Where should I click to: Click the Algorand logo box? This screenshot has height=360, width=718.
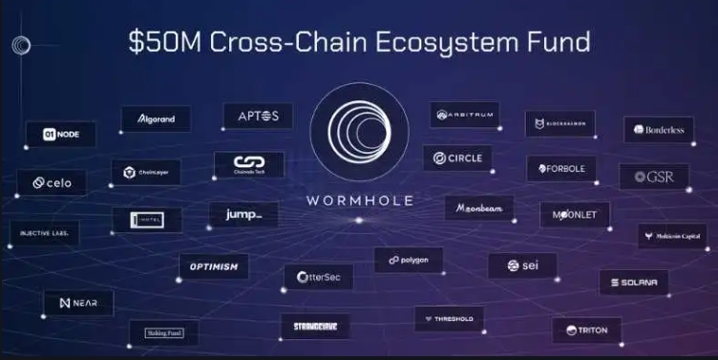tap(156, 118)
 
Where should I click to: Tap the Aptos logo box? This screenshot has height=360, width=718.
tap(258, 116)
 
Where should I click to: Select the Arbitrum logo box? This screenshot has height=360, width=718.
tap(464, 115)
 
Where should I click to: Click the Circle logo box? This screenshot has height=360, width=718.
tap(457, 158)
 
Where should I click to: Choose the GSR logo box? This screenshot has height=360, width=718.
tap(653, 177)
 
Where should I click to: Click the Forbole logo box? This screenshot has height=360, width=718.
tap(561, 169)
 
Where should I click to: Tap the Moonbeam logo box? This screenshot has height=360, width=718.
tap(478, 207)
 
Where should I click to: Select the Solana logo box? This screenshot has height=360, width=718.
tap(634, 283)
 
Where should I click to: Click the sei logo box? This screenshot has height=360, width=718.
tap(521, 265)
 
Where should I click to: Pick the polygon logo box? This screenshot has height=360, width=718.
tap(408, 260)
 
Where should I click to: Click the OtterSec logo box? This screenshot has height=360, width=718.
tap(318, 277)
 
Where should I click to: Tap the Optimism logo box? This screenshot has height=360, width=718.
tap(213, 266)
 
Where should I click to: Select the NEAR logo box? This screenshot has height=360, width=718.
tap(78, 303)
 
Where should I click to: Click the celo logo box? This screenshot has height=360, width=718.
tap(52, 182)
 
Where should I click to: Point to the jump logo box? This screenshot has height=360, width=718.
tap(243, 215)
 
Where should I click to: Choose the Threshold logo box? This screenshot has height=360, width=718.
tap(449, 318)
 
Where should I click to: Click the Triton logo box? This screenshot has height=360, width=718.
tap(586, 330)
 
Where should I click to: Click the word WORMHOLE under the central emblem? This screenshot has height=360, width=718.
tap(359, 201)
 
